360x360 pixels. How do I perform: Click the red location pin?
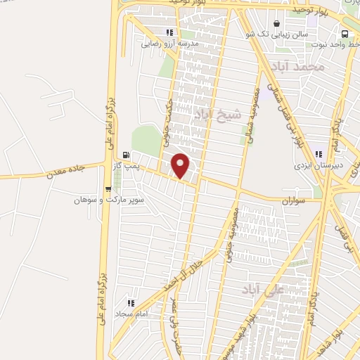click(x=181, y=165)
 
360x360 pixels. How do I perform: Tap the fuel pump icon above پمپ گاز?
click(x=126, y=155)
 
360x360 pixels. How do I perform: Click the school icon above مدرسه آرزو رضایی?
click(x=169, y=32)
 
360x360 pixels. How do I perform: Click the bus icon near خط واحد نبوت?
click(x=345, y=34)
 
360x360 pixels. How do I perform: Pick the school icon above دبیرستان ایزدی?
click(x=319, y=155)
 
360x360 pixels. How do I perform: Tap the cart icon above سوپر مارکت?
click(x=108, y=188)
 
